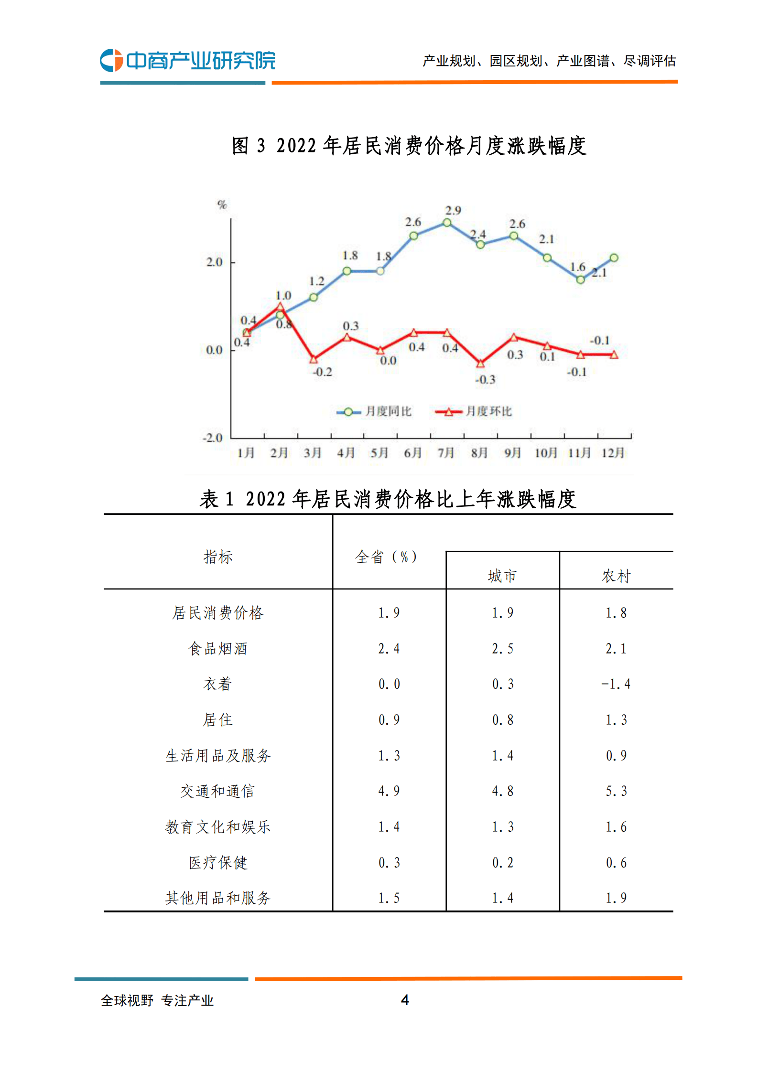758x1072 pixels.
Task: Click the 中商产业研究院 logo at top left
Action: (187, 60)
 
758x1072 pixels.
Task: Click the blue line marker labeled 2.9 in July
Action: (447, 223)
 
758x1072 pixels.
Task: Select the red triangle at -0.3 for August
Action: (480, 364)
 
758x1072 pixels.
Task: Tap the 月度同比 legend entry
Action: (374, 411)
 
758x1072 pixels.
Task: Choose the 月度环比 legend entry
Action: (474, 411)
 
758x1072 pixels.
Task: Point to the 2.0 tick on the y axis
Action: (215, 262)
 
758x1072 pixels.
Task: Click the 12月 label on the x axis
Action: (613, 452)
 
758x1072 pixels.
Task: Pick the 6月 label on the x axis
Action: (412, 452)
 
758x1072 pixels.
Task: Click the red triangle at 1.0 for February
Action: (281, 306)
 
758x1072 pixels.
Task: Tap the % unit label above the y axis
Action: (222, 205)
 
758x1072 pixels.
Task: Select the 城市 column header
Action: (502, 576)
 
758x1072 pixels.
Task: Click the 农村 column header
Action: (616, 576)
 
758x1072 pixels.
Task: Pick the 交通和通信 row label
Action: (217, 791)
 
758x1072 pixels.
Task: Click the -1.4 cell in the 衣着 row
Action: (616, 684)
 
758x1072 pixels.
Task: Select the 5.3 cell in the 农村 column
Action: (616, 791)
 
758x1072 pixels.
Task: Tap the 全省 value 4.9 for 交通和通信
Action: (389, 791)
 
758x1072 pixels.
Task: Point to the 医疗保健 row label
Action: (217, 862)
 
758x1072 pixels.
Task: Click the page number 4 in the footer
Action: (405, 1000)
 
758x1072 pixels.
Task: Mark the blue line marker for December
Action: (614, 258)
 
